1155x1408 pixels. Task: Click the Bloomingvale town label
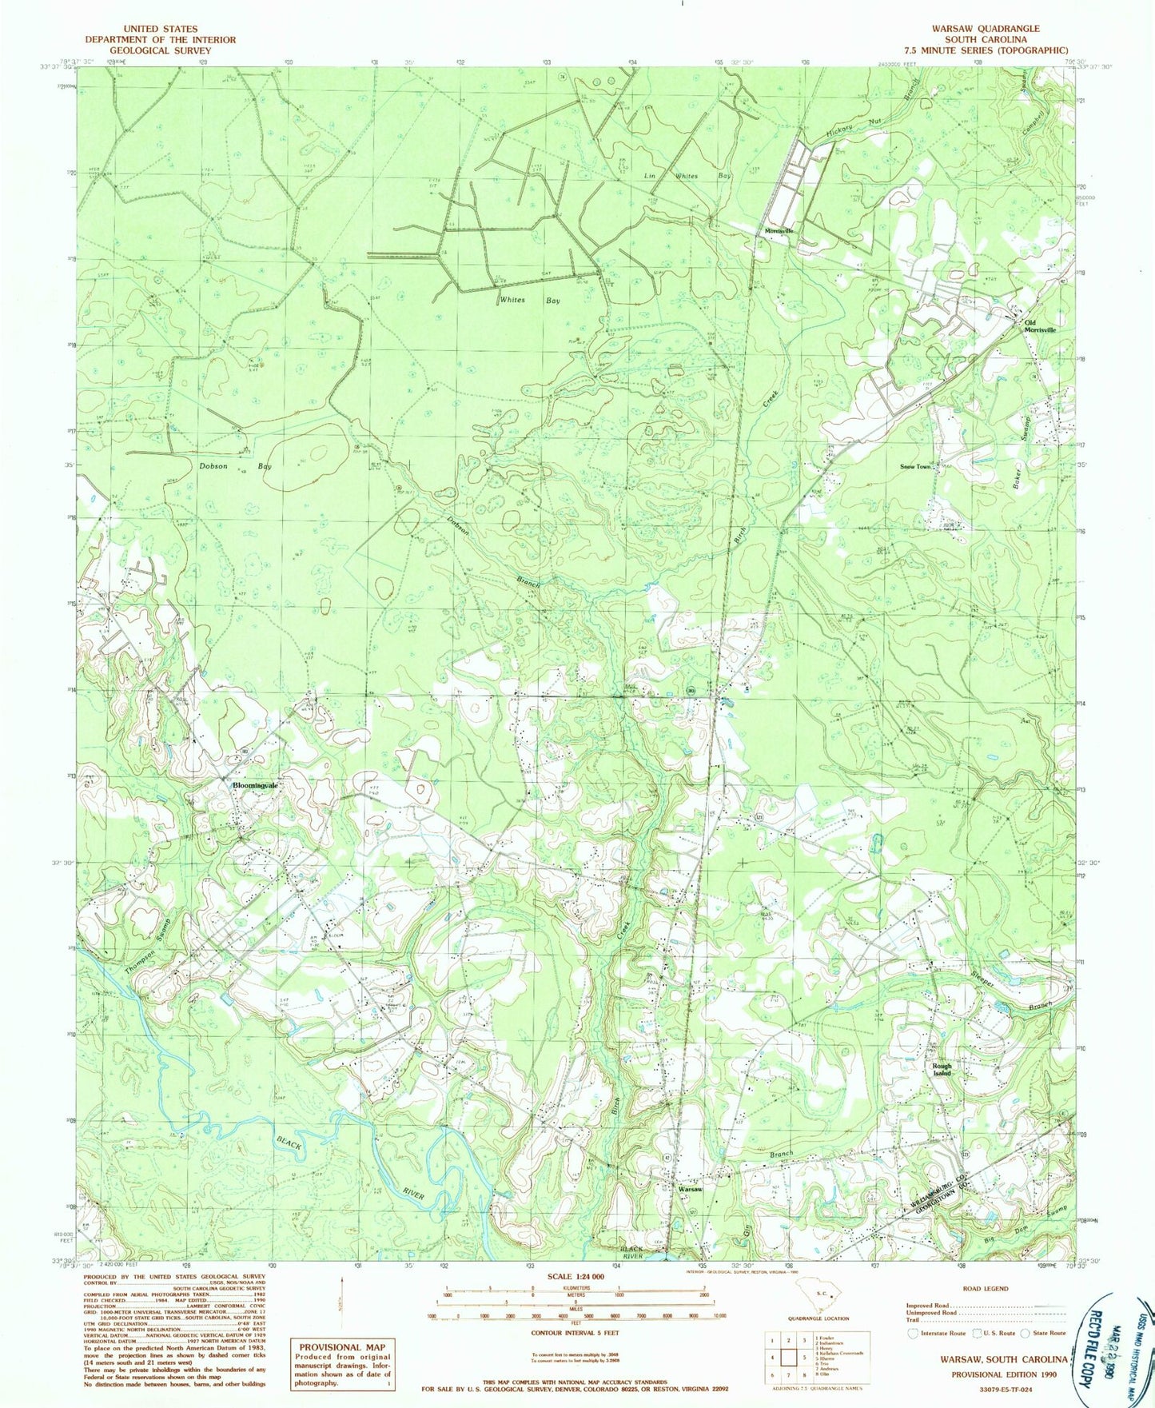[x=255, y=785]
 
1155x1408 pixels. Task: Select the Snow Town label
[x=915, y=466]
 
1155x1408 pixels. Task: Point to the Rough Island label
[x=942, y=1069]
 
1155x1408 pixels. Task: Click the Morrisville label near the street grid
[x=779, y=230]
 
